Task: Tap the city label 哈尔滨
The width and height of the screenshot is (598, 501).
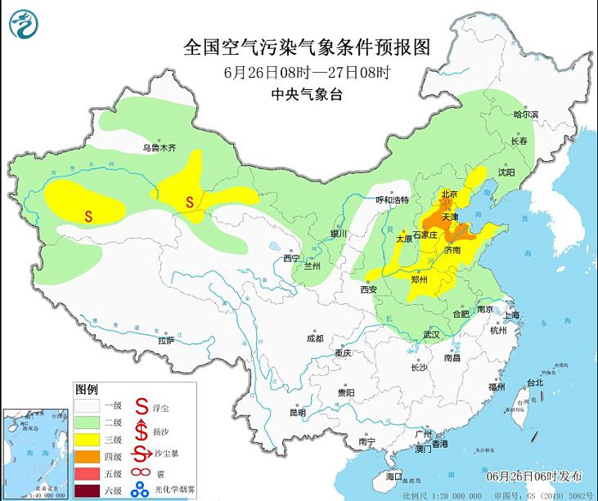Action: (x=526, y=115)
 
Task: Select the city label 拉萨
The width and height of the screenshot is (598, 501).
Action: (x=166, y=339)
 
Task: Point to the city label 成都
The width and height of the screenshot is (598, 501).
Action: (x=314, y=338)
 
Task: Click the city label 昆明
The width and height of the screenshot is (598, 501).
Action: (x=299, y=412)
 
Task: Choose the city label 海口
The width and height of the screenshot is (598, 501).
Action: (x=393, y=476)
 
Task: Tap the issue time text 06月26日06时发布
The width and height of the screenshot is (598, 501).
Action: (x=539, y=476)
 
